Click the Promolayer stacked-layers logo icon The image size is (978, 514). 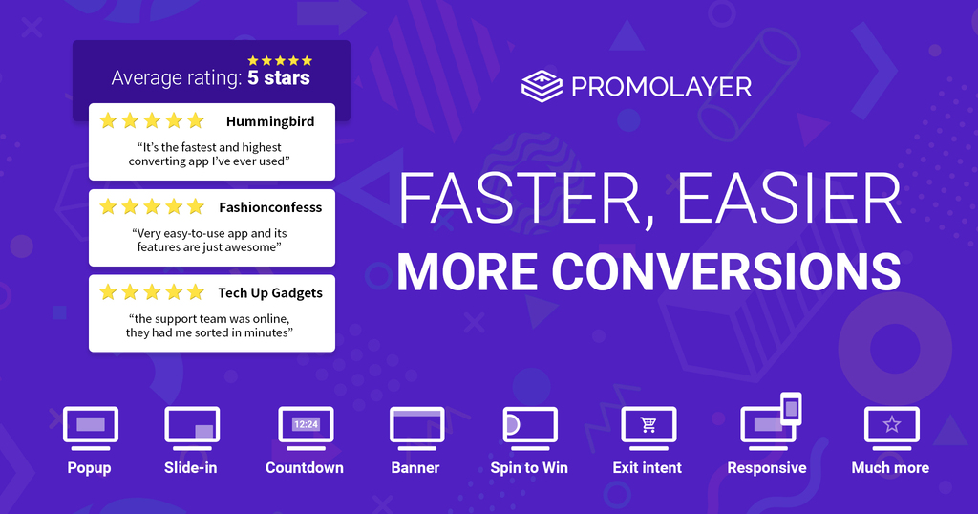click(x=542, y=86)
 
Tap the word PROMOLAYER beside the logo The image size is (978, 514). click(x=661, y=87)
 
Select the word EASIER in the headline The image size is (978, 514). click(x=789, y=198)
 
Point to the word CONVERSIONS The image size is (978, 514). click(x=726, y=271)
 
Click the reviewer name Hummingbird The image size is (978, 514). click(x=270, y=121)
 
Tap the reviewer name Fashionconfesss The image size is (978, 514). click(x=270, y=207)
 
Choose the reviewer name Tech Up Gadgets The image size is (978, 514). click(x=270, y=293)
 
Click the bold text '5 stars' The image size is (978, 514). click(x=279, y=78)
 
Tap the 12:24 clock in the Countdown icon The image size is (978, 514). click(x=306, y=424)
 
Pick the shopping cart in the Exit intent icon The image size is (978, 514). click(x=648, y=424)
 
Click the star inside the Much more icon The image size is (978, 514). click(x=892, y=424)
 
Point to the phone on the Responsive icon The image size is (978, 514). click(x=791, y=409)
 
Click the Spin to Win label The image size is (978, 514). click(x=529, y=468)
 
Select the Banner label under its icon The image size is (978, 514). click(x=415, y=468)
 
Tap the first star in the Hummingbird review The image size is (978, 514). click(x=109, y=120)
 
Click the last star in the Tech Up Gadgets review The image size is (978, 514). click(x=196, y=292)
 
